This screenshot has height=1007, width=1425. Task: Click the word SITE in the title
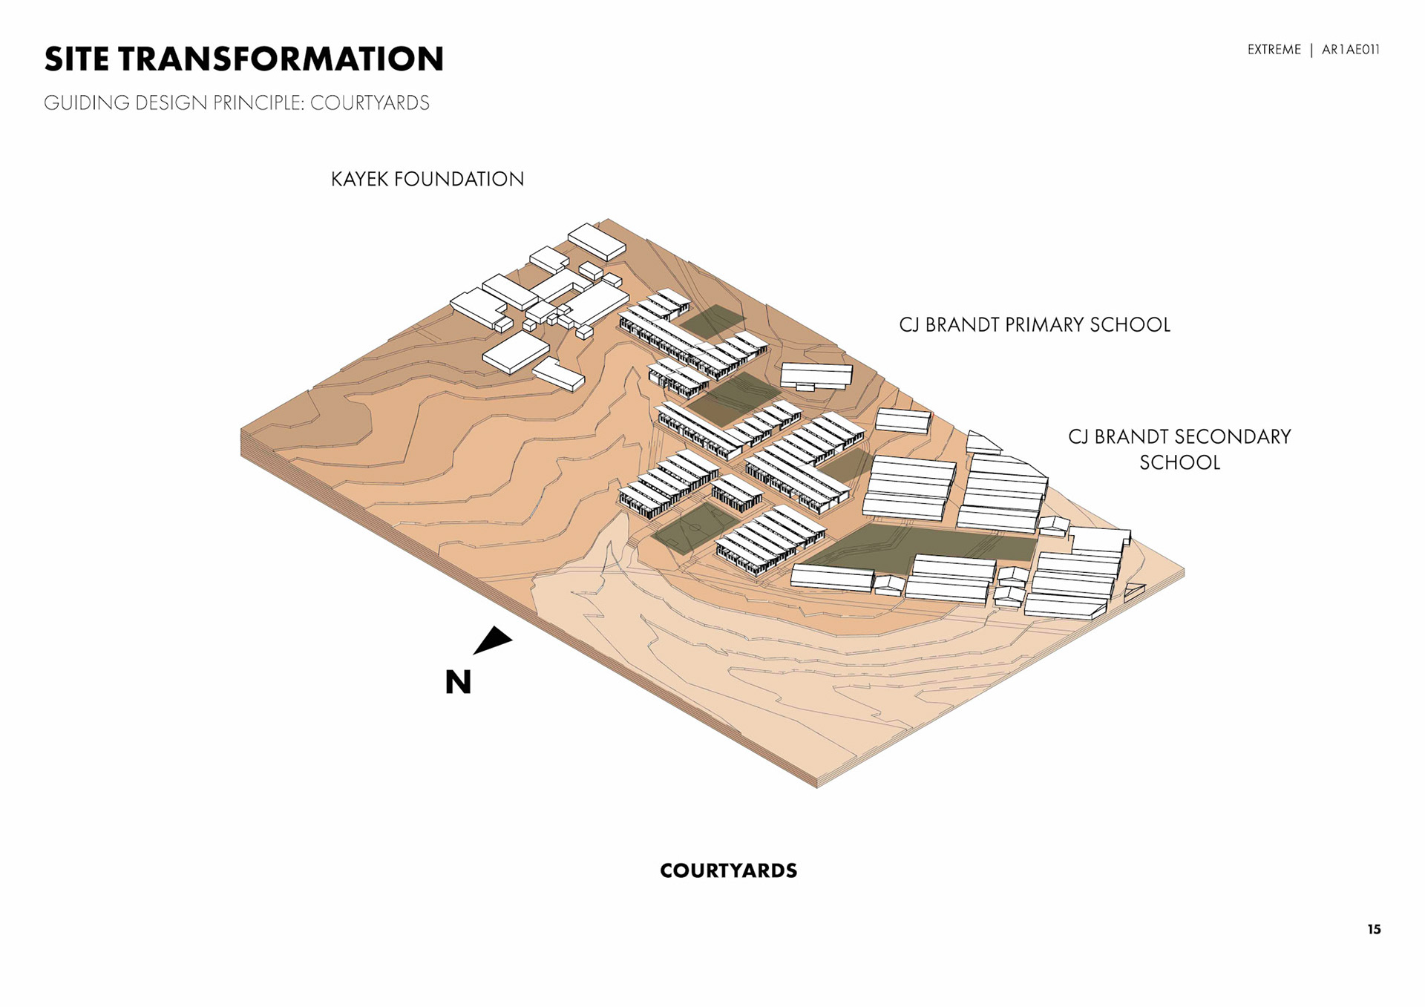tap(76, 59)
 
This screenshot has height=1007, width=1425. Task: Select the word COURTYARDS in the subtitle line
tap(370, 103)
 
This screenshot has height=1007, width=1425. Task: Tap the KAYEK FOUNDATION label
tap(427, 179)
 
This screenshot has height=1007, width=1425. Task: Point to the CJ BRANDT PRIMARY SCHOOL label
tap(1034, 325)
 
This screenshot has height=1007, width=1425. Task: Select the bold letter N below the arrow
tap(458, 682)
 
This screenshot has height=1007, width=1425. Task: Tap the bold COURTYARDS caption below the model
tap(728, 870)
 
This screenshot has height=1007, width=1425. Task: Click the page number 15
tap(1374, 929)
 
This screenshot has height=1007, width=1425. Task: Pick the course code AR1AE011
tap(1350, 50)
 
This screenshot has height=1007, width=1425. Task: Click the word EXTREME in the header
tap(1274, 50)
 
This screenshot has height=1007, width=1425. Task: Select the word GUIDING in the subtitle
tap(86, 103)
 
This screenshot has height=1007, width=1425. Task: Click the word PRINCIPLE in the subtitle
tap(259, 103)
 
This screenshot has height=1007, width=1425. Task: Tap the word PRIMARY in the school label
tap(1044, 325)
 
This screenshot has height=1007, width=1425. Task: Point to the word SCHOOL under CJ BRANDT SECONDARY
tap(1179, 462)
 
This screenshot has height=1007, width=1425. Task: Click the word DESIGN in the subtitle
tap(171, 103)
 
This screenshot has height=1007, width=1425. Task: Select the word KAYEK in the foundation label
tap(359, 179)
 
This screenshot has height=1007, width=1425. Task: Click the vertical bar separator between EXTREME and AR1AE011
tap(1311, 50)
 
